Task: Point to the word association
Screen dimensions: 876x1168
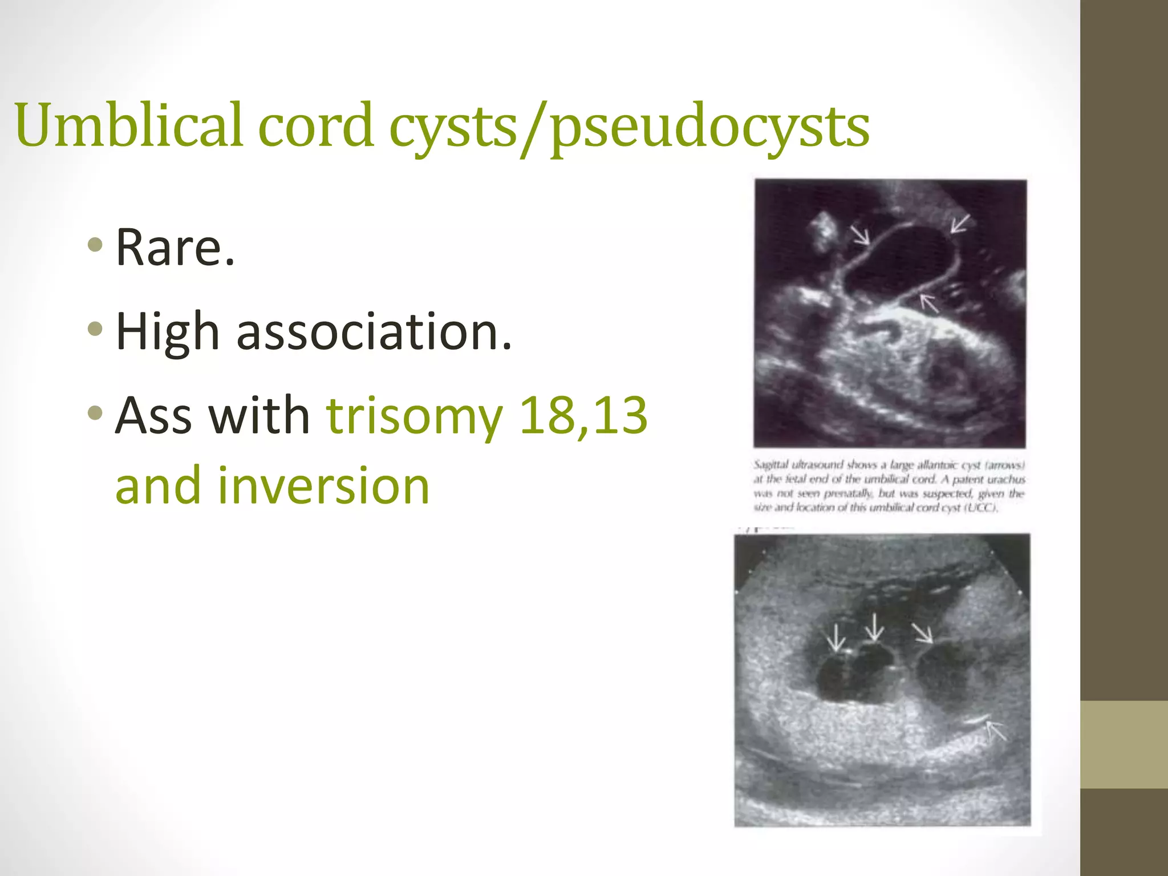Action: [x=374, y=332]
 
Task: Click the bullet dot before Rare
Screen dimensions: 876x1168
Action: [x=96, y=245]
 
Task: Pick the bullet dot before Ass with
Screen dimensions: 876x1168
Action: [x=96, y=412]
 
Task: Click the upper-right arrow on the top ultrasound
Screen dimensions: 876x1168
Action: [x=959, y=223]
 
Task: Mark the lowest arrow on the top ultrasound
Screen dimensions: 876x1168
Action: [x=929, y=303]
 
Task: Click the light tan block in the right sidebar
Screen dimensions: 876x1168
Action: [x=1124, y=744]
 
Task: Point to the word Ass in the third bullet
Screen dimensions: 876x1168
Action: [x=153, y=415]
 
